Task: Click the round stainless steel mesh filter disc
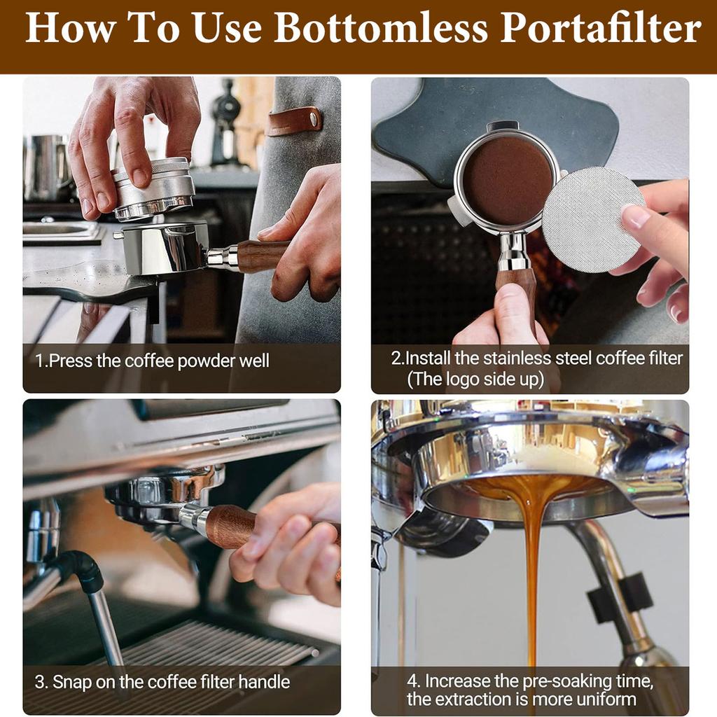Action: tap(593, 219)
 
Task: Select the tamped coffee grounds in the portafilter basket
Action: tap(508, 179)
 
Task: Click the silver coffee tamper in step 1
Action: tap(153, 188)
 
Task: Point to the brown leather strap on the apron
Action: tap(294, 120)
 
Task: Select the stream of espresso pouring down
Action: tap(534, 560)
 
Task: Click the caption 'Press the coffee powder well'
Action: tap(152, 361)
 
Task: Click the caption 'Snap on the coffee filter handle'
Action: tap(162, 681)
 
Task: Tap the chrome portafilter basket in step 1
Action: tap(165, 249)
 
